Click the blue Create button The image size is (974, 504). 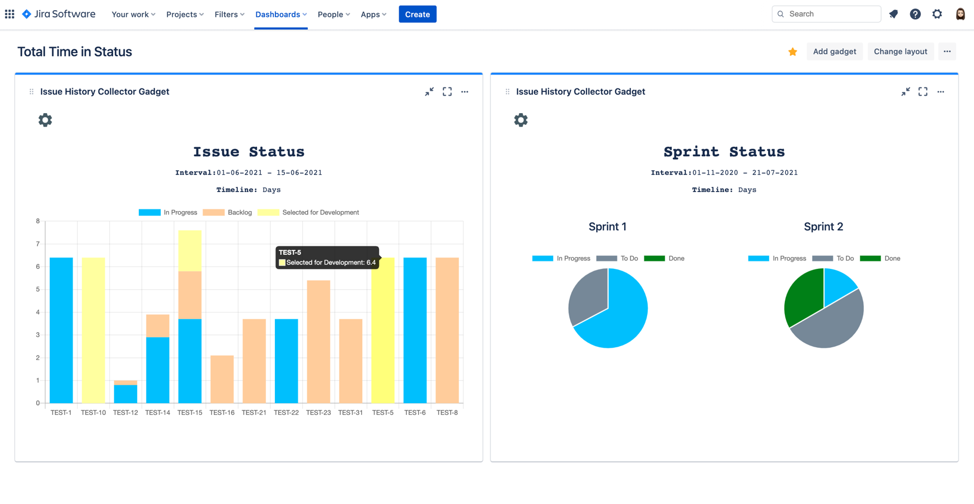(x=417, y=14)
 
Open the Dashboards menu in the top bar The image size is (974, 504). (x=280, y=14)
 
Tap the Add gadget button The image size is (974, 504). (x=834, y=52)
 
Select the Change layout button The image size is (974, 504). (x=900, y=52)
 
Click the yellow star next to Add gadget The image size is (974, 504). (x=793, y=52)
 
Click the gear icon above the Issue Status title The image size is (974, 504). (x=45, y=120)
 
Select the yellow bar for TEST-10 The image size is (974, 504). (x=93, y=330)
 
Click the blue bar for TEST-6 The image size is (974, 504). (x=415, y=330)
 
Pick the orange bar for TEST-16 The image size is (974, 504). (x=222, y=379)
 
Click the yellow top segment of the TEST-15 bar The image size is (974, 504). (x=190, y=250)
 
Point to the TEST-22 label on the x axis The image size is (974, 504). (x=286, y=413)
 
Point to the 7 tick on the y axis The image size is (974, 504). (x=38, y=244)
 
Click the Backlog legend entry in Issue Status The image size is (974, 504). (x=228, y=213)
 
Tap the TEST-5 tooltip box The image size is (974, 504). (x=327, y=258)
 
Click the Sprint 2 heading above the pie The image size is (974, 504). (x=823, y=227)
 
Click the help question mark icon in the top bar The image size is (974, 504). (x=915, y=14)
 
